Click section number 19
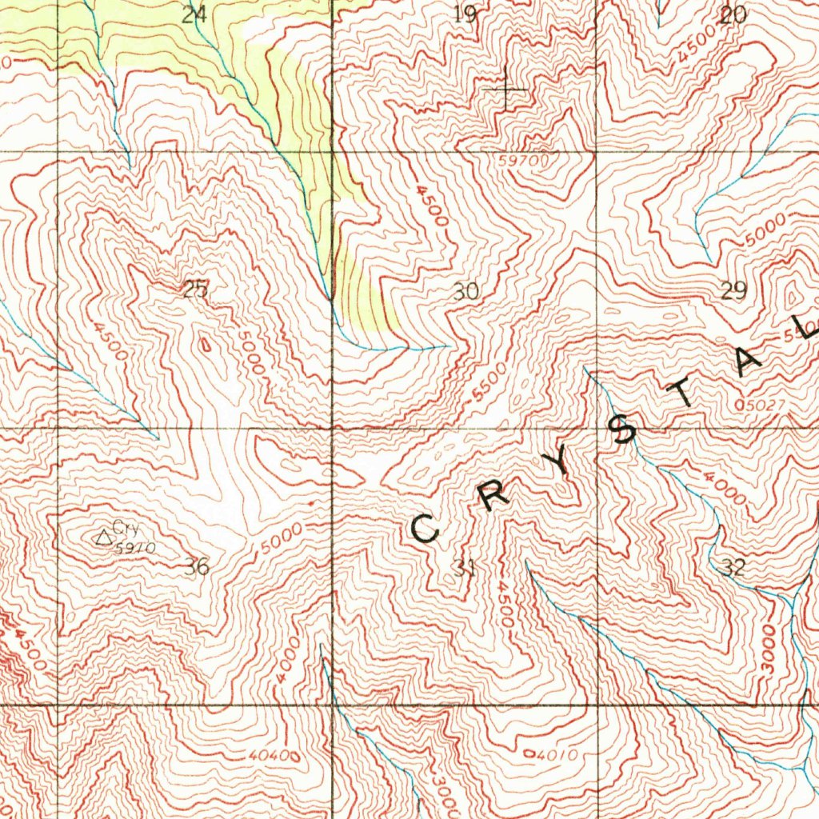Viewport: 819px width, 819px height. coord(465,14)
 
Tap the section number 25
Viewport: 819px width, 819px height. coord(194,290)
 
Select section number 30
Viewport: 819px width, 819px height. coord(465,292)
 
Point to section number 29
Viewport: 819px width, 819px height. coord(733,291)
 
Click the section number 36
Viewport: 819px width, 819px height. coord(197,567)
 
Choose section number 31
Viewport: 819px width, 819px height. coord(464,569)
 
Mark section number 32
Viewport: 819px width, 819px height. coord(733,568)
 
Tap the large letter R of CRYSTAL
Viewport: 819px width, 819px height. coord(496,496)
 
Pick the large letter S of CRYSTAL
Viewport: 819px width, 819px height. coord(624,431)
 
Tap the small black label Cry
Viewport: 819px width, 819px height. coord(126,528)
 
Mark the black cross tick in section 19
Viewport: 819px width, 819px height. coord(505,90)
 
